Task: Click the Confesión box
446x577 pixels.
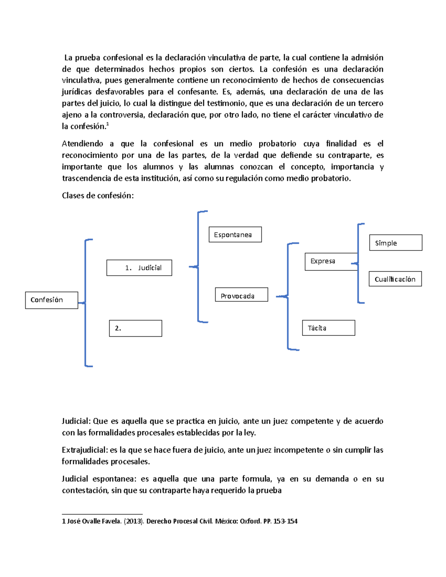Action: (52, 300)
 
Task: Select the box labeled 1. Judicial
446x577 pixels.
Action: (139, 268)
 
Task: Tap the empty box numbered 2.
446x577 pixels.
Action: (135, 328)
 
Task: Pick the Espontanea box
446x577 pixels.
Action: (235, 235)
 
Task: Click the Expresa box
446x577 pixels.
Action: (331, 262)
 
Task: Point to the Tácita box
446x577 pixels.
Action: (329, 328)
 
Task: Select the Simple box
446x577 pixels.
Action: (395, 243)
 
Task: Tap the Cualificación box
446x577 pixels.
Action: (395, 279)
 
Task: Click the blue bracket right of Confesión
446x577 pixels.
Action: (86, 303)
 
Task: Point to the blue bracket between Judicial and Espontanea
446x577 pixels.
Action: (198, 266)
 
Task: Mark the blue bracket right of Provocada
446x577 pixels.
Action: (288, 296)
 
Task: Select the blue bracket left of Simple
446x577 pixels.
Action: (358, 263)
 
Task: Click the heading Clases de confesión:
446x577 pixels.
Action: (98, 196)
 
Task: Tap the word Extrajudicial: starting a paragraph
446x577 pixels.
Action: (85, 450)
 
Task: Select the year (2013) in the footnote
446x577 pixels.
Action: (134, 521)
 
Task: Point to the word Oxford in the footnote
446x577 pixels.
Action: (251, 521)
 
